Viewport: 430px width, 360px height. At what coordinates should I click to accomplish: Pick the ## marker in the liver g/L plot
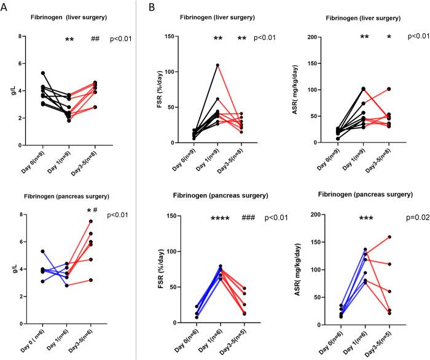click(x=95, y=39)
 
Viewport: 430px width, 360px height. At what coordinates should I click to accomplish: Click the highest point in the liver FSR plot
click(x=217, y=65)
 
